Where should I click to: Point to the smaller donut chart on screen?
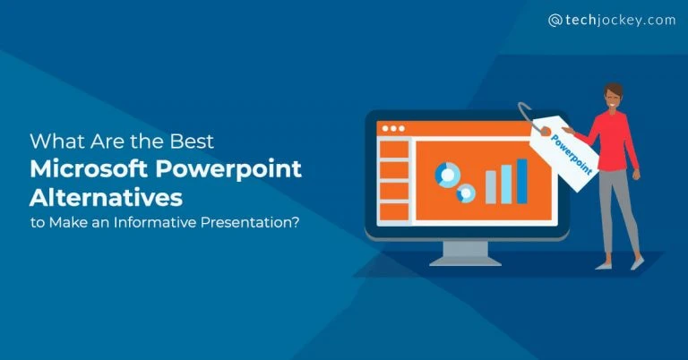click(466, 193)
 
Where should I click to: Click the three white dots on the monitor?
click(393, 129)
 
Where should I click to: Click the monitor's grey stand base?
click(466, 260)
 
